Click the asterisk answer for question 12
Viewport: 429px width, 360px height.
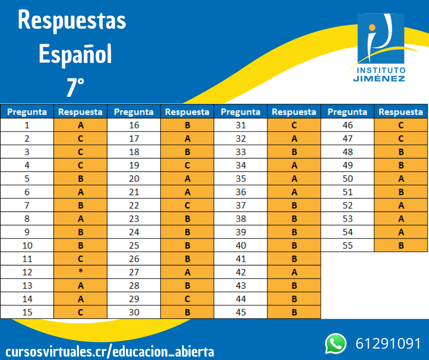(x=80, y=272)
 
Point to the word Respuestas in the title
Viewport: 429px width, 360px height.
(x=72, y=21)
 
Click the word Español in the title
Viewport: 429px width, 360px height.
(x=75, y=54)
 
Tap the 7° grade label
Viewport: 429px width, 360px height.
(x=75, y=87)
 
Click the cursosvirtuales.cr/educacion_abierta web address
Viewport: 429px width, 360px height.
(x=110, y=352)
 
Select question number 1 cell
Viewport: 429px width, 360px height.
(x=27, y=125)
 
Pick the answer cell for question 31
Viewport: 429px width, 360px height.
(x=294, y=125)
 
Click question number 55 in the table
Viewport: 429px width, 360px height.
(x=348, y=245)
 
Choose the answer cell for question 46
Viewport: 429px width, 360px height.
(x=401, y=125)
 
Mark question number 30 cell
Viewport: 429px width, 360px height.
(x=134, y=312)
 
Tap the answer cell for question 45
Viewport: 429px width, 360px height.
(x=294, y=312)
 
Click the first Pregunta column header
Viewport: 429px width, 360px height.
(x=27, y=111)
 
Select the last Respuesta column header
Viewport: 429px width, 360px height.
(x=401, y=111)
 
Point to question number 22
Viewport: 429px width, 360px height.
(x=134, y=206)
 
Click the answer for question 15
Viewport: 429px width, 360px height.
(x=80, y=312)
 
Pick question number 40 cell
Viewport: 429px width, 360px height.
(x=241, y=245)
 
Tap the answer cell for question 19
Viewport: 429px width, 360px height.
(x=187, y=165)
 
